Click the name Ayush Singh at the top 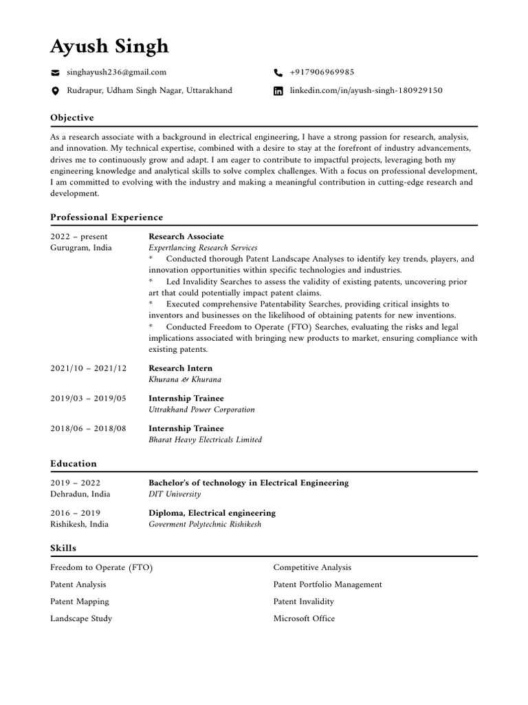pyautogui.click(x=109, y=47)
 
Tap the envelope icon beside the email pyautogui.click(x=55, y=72)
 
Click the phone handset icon pyautogui.click(x=278, y=72)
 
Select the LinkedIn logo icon pyautogui.click(x=278, y=91)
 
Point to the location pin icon pyautogui.click(x=55, y=91)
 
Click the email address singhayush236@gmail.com pyautogui.click(x=116, y=72)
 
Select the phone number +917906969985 pyautogui.click(x=322, y=72)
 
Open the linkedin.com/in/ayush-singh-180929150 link pyautogui.click(x=366, y=91)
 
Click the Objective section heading pyautogui.click(x=72, y=118)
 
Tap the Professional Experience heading pyautogui.click(x=107, y=218)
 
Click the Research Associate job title pyautogui.click(x=186, y=236)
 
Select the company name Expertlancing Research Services pyautogui.click(x=203, y=248)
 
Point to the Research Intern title pyautogui.click(x=180, y=368)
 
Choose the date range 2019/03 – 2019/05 pyautogui.click(x=89, y=399)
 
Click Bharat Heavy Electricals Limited pyautogui.click(x=205, y=440)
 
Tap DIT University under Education pyautogui.click(x=175, y=494)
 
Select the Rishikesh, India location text pyautogui.click(x=79, y=524)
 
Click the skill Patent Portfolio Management pyautogui.click(x=327, y=585)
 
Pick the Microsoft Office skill pyautogui.click(x=304, y=618)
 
